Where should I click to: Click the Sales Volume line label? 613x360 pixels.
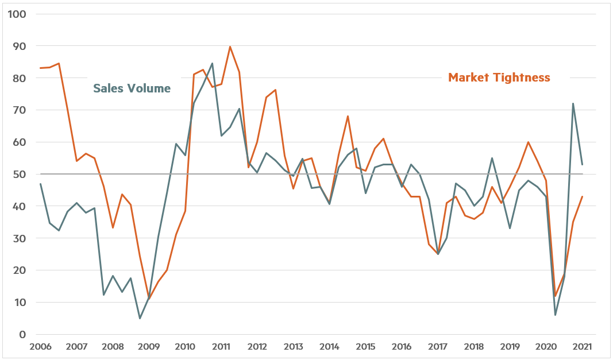[132, 88]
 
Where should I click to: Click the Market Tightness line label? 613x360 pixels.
[499, 78]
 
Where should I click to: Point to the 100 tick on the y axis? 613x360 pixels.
[18, 14]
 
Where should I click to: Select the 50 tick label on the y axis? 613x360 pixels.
[21, 174]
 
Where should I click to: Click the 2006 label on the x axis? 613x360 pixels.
[40, 347]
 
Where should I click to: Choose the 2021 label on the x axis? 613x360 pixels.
[583, 347]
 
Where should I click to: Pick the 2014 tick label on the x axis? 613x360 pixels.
[329, 347]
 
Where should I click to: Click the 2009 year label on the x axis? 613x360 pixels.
[149, 347]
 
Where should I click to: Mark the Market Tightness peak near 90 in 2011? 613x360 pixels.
[230, 47]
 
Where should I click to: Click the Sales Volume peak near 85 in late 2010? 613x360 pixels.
[212, 63]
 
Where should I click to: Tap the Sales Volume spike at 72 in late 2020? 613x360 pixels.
[573, 104]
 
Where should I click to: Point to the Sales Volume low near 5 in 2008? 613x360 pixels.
[140, 318]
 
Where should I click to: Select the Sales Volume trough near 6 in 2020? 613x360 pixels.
[556, 315]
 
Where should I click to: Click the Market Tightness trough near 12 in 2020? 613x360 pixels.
[556, 296]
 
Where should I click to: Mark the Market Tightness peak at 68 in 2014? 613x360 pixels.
[348, 117]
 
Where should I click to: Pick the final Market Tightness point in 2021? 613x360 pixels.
[583, 196]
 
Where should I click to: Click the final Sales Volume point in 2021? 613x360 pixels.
[583, 165]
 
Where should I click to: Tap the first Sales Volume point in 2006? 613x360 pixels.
[40, 184]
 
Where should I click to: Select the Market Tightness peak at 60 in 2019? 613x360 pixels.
[528, 142]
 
